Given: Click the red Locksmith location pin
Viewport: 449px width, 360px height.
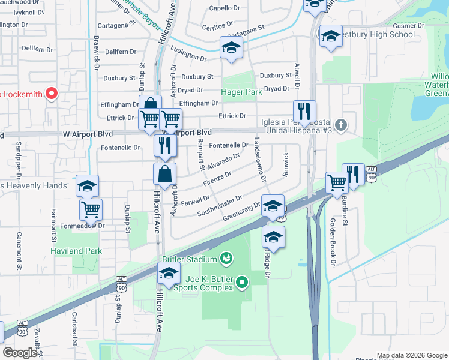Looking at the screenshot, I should point(51,93).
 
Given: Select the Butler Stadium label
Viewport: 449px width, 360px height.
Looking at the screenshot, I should point(188,259).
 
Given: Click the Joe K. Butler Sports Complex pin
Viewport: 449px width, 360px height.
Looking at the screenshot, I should point(242,281).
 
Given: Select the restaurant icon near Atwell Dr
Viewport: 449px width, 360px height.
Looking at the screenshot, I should point(304,111).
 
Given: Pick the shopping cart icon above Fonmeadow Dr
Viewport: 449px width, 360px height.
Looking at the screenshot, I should point(91,209).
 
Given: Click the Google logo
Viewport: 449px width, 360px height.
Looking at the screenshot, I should point(20,352).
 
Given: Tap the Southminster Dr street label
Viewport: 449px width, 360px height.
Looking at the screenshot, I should point(219,206).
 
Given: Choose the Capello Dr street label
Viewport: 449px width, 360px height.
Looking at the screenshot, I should point(224,8).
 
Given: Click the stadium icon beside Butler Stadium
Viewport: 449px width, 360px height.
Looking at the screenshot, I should point(226,259).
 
